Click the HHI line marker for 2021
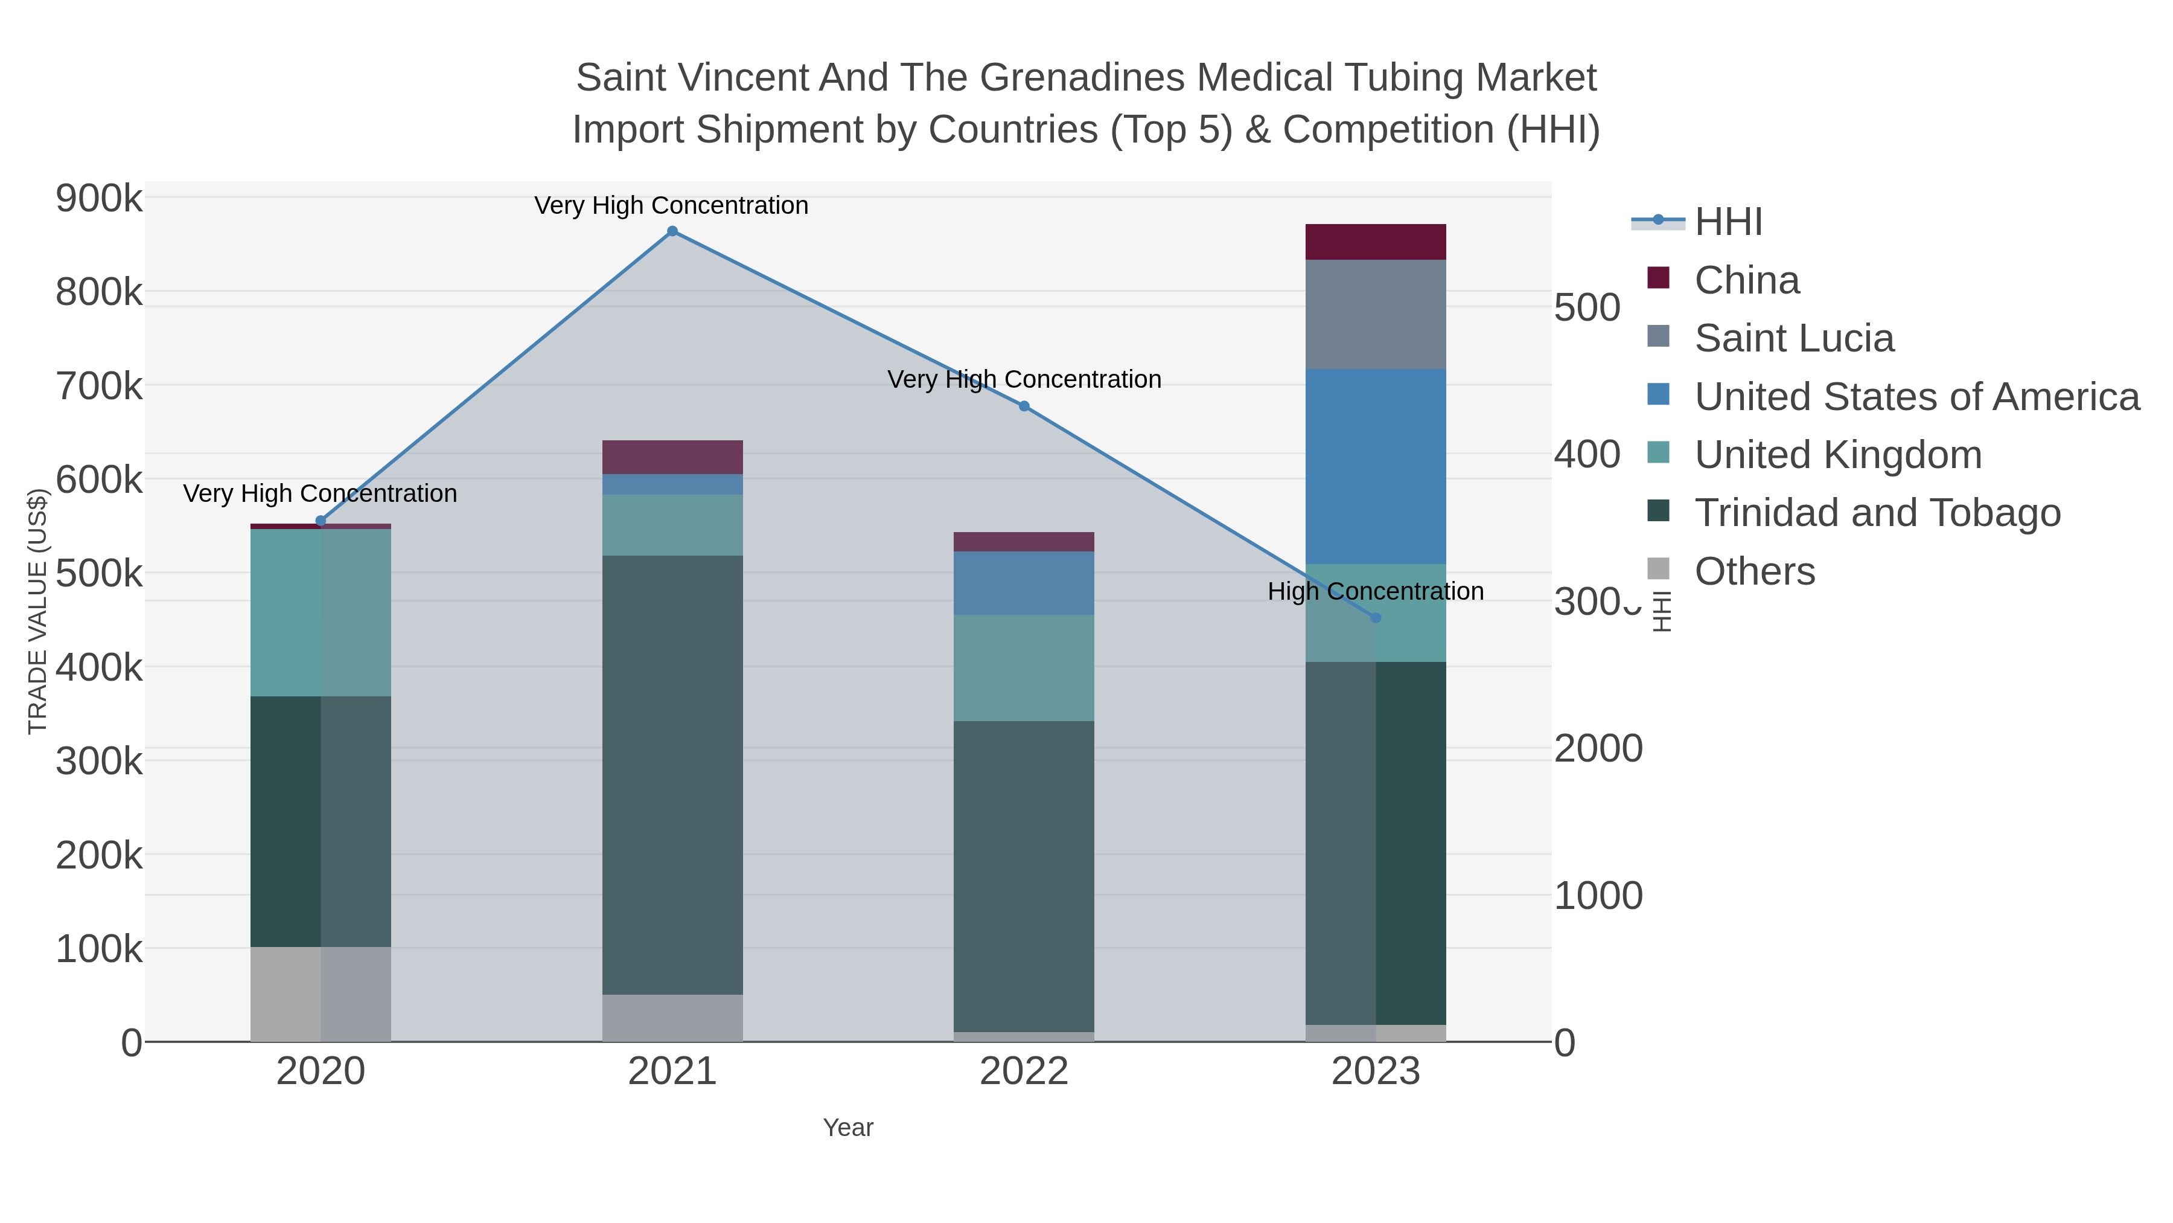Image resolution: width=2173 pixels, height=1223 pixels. [672, 231]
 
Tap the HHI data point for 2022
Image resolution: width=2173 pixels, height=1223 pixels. [1024, 406]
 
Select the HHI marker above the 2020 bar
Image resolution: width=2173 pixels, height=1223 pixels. [321, 521]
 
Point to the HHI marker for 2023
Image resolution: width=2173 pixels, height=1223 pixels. [1376, 618]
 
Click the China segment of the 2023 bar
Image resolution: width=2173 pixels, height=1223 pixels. [1376, 242]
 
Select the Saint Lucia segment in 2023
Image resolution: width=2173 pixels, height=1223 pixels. [1376, 314]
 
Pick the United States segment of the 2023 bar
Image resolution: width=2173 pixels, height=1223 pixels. [1376, 466]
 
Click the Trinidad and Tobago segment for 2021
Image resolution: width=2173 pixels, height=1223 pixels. [672, 774]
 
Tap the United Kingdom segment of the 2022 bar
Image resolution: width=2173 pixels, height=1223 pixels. [1024, 667]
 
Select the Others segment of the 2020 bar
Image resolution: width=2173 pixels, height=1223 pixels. [321, 993]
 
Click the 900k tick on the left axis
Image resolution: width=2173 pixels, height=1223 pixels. [99, 199]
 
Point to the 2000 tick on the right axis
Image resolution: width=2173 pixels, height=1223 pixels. [1598, 749]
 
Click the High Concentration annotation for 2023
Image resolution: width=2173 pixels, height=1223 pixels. [1376, 592]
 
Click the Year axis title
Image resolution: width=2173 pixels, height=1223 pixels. [848, 1128]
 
